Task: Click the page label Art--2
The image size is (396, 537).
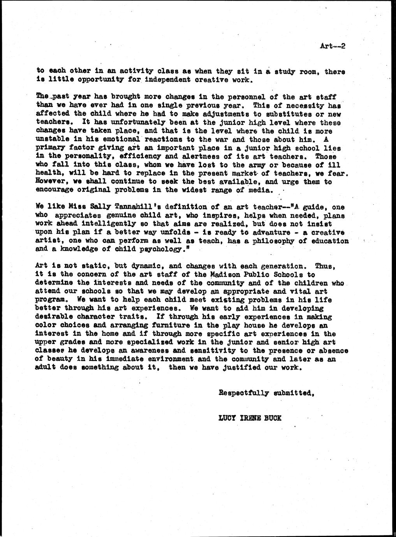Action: click(333, 46)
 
